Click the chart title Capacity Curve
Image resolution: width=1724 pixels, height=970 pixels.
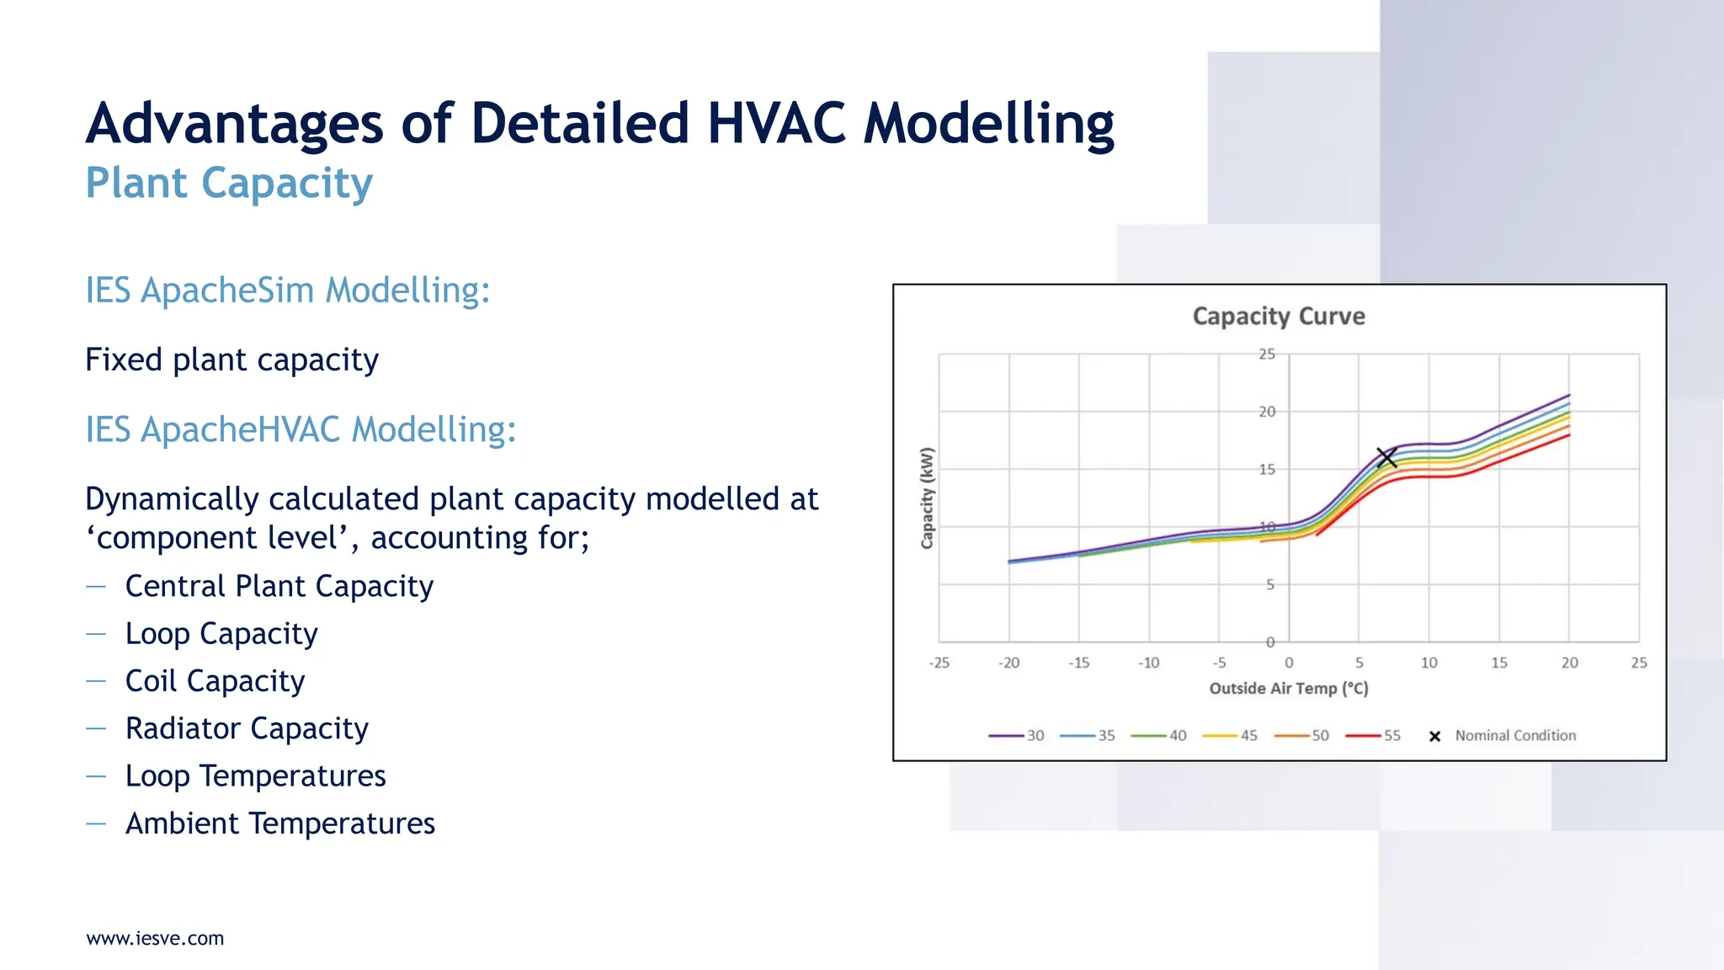click(x=1278, y=317)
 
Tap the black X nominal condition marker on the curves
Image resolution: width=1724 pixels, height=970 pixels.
click(x=1386, y=457)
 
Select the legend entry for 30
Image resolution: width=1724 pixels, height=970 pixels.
click(x=1016, y=735)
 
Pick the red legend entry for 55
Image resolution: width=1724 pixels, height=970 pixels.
click(x=1373, y=735)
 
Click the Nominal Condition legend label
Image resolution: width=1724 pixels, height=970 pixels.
click(x=1514, y=735)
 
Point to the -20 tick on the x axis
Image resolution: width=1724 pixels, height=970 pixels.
click(x=1008, y=663)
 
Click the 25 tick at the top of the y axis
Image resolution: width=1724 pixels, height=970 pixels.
click(x=1267, y=354)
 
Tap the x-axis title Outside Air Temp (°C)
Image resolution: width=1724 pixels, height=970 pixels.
click(x=1288, y=689)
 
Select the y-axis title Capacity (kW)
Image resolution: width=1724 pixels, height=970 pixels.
click(x=927, y=498)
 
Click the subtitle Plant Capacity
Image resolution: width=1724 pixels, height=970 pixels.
click(x=229, y=184)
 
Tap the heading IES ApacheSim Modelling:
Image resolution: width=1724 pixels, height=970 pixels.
click(x=287, y=290)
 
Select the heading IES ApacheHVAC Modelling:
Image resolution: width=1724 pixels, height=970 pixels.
click(x=301, y=429)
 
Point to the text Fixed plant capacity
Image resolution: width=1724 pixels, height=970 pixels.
click(x=231, y=360)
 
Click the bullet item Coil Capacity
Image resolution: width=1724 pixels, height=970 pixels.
click(x=215, y=680)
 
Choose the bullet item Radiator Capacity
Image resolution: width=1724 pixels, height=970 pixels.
click(x=247, y=728)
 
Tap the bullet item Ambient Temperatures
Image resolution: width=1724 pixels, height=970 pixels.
click(x=279, y=823)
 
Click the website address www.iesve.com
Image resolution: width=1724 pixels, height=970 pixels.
click(x=155, y=938)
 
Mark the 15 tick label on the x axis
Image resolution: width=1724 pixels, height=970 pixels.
click(x=1498, y=663)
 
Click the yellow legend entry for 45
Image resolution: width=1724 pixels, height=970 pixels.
click(x=1230, y=735)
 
